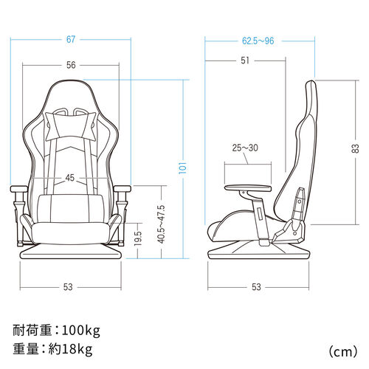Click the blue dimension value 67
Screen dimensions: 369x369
[x=71, y=39]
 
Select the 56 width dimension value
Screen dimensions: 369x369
[x=71, y=65]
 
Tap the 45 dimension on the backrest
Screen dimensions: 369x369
[x=70, y=178]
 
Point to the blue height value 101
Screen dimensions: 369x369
[x=183, y=168]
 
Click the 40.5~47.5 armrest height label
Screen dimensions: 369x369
[x=161, y=224]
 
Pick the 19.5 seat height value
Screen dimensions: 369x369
[x=138, y=238]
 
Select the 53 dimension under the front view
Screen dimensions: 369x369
[x=68, y=287]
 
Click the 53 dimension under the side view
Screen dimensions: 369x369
[x=256, y=287]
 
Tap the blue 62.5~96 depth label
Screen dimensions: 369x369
[x=258, y=41]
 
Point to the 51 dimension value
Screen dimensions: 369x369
[x=245, y=61]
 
